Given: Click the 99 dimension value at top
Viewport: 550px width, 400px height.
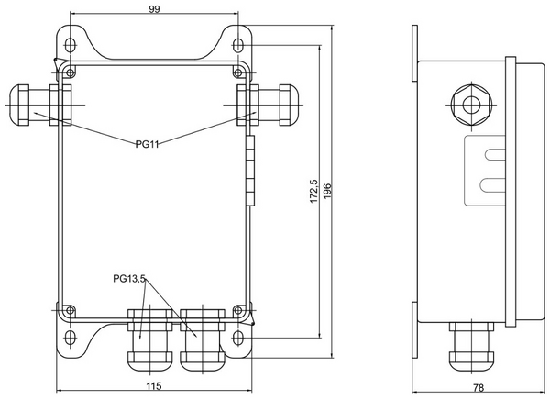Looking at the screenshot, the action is click(x=154, y=9).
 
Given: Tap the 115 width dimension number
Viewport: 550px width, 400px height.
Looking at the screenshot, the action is click(x=154, y=386).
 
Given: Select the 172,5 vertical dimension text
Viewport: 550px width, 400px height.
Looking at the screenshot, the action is click(x=313, y=191).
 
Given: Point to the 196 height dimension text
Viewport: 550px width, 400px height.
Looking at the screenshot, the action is click(x=327, y=191).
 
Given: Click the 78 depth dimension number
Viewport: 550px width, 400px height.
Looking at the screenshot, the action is click(x=478, y=388).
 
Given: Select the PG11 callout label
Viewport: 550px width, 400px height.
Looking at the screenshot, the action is click(x=147, y=144).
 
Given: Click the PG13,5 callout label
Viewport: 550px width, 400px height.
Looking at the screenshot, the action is click(x=129, y=279).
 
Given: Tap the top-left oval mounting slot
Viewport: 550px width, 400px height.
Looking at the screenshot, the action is click(x=71, y=45).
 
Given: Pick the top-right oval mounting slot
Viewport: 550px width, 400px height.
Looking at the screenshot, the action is click(x=238, y=45).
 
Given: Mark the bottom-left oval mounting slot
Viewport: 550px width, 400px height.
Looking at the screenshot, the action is click(x=71, y=338).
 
